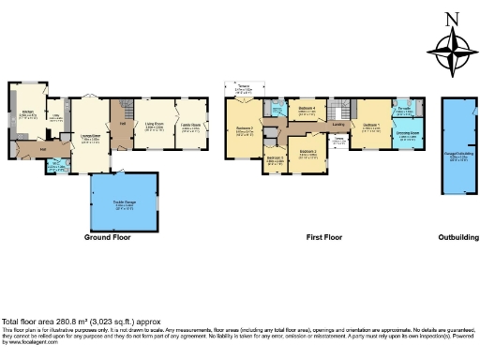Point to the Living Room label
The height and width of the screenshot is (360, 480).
pos(154,122)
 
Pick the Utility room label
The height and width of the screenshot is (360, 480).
pos(57,117)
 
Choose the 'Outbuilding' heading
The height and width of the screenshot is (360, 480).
pos(458,238)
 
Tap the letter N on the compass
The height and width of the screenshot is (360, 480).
pos(452,17)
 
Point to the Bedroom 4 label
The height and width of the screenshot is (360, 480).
pos(307,110)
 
